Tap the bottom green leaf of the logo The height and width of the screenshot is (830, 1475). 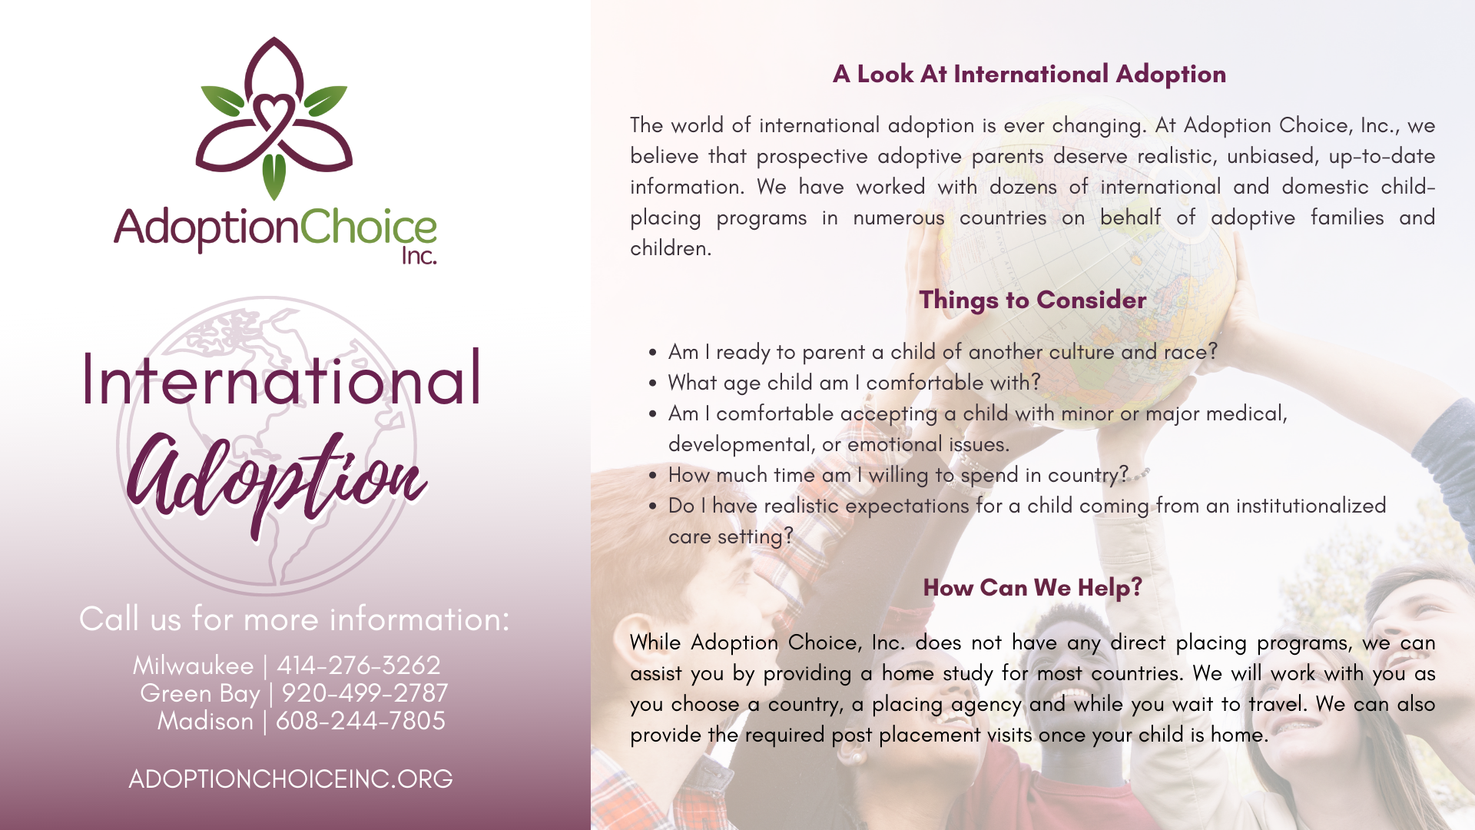(274, 176)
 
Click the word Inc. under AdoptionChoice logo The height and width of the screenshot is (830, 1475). (419, 255)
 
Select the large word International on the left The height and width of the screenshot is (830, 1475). (281, 379)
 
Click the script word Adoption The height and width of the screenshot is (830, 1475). (277, 480)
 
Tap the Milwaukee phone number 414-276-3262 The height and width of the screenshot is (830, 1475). (359, 666)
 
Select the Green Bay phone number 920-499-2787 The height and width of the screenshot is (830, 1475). (364, 693)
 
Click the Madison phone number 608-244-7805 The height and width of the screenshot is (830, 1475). (360, 721)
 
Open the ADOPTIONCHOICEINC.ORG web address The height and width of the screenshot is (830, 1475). (290, 779)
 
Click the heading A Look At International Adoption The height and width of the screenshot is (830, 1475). (1029, 75)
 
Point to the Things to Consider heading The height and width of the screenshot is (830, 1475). (1032, 300)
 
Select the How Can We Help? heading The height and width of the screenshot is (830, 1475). (1032, 588)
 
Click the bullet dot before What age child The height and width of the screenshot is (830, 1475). (652, 383)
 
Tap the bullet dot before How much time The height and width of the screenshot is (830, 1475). (652, 476)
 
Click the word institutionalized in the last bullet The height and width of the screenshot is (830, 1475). (1311, 506)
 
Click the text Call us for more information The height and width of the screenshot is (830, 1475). (294, 619)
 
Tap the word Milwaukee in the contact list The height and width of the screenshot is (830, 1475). (193, 666)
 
